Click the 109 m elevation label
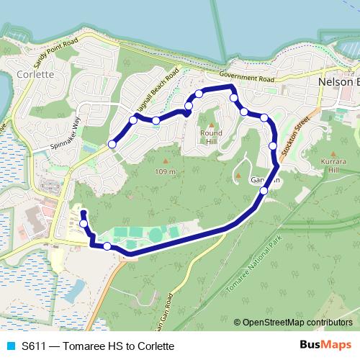[165, 171]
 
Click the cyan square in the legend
[9, 346]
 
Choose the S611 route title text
[98, 346]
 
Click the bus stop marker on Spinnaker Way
[112, 145]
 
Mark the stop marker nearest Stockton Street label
[273, 146]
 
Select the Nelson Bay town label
[338, 82]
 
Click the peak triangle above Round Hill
[212, 123]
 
